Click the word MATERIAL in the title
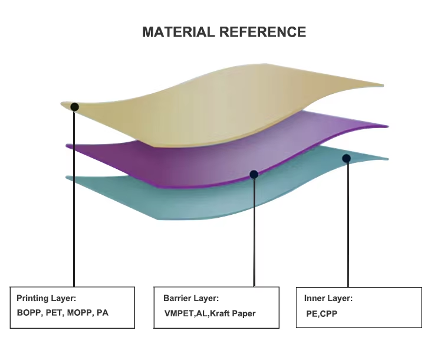click(178, 32)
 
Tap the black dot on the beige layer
click(74, 107)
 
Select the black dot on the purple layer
click(254, 174)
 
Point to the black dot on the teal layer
click(346, 158)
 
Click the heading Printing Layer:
click(47, 298)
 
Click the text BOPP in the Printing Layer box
click(28, 312)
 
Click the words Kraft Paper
click(232, 313)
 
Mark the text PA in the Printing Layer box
click(103, 312)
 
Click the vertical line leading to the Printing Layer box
click(74, 201)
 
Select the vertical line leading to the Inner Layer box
click(347, 224)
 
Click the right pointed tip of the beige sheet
click(383, 85)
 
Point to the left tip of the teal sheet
click(67, 177)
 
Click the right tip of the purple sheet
click(387, 126)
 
